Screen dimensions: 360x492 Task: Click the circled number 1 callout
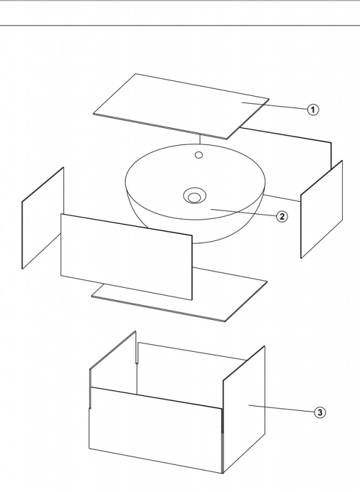point(313,110)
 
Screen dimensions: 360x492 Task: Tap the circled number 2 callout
point(282,216)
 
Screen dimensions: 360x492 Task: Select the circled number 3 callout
point(320,412)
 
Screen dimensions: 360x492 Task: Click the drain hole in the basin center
point(194,196)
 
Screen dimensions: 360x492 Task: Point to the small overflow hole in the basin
point(199,155)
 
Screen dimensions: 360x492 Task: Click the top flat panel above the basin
point(181,106)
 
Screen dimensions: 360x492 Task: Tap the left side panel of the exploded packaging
point(42,218)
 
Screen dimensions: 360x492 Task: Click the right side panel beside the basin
point(322,209)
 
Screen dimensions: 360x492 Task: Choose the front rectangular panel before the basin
point(126,257)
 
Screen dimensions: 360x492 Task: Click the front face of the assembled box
point(156,430)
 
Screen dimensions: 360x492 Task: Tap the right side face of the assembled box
point(244,410)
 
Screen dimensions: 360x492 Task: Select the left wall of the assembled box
point(113,361)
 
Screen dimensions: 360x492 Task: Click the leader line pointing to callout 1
point(274,106)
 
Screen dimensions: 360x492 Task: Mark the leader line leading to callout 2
point(244,212)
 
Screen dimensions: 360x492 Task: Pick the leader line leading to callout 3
point(281,408)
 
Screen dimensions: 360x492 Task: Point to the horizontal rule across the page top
point(180,25)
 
